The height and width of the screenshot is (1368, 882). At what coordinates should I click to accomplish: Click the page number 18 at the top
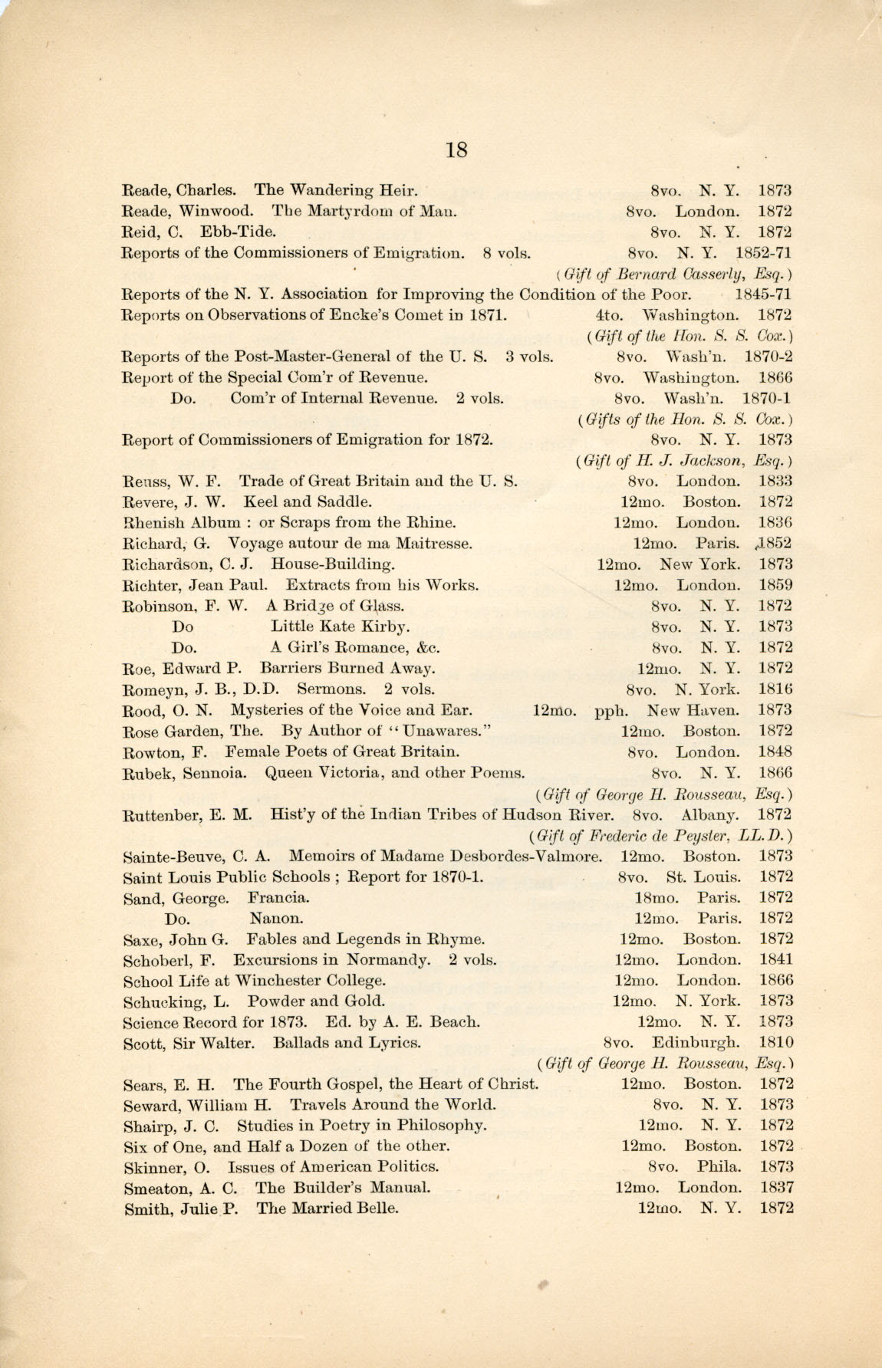456,150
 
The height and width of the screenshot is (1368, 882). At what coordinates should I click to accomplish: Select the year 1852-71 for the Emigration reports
763,253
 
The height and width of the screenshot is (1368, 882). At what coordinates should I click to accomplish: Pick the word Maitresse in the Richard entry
433,544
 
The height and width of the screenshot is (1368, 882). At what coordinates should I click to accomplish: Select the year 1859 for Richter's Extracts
775,585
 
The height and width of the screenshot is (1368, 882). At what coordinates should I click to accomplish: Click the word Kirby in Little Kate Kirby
389,626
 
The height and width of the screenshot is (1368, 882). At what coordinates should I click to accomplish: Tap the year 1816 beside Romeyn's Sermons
775,689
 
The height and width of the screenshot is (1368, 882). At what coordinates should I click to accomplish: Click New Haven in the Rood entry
693,710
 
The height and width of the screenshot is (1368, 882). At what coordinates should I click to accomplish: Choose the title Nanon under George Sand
275,918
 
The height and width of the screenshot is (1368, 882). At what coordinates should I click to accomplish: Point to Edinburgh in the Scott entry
696,1043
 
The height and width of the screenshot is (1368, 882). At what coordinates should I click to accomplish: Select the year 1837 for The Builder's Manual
776,1188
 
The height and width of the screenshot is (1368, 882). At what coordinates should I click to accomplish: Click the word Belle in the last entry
377,1209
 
